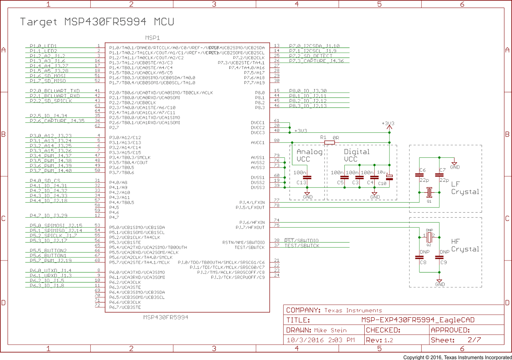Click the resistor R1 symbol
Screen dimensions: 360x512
[x=329, y=142]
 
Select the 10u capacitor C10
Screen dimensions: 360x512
[x=389, y=177]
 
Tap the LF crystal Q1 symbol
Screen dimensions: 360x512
[x=429, y=193]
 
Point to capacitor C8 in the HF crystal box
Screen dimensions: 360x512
[x=419, y=258]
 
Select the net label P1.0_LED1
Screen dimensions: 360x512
[x=43, y=46]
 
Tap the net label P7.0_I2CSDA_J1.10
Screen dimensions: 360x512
[x=314, y=46]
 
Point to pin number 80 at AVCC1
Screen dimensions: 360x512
[x=277, y=140]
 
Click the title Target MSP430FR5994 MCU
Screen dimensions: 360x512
[x=97, y=22]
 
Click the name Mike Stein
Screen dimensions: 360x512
[x=330, y=330]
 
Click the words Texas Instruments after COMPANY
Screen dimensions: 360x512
[x=353, y=310]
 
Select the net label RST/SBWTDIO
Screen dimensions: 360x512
[x=302, y=241]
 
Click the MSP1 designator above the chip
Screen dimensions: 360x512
[x=152, y=38]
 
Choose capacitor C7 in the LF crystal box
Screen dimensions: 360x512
[x=439, y=175]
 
